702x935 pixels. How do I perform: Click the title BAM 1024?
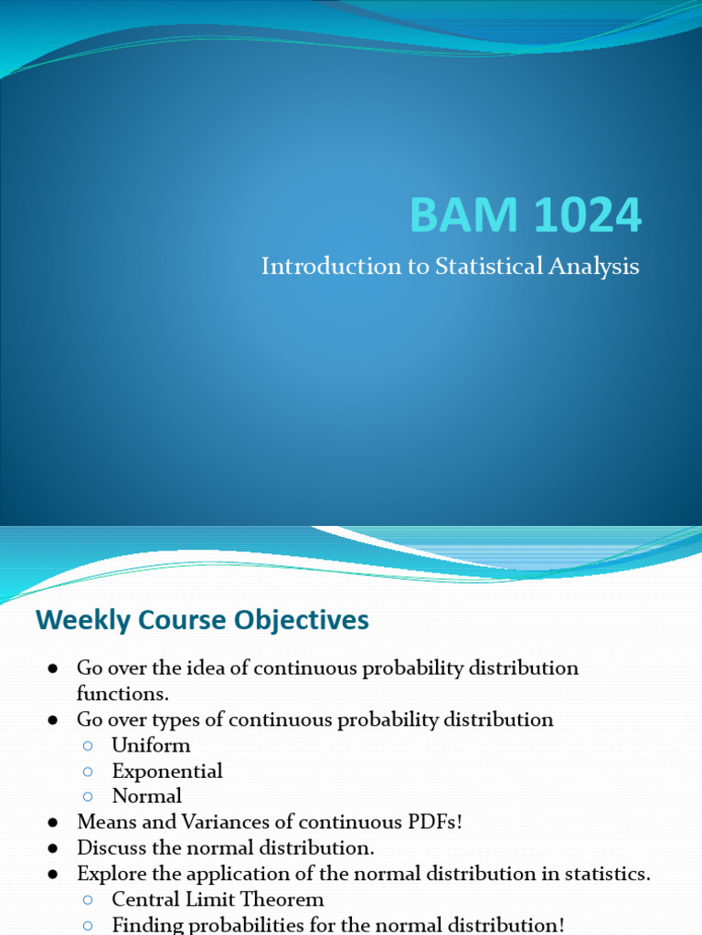pyautogui.click(x=526, y=216)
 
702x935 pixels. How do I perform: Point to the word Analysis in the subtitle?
pyautogui.click(x=595, y=268)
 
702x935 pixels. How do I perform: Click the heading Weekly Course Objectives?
pyautogui.click(x=202, y=621)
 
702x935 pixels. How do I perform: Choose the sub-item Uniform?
pyautogui.click(x=151, y=745)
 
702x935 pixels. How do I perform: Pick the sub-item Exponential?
pyautogui.click(x=167, y=772)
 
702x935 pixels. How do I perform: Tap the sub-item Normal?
pyautogui.click(x=147, y=796)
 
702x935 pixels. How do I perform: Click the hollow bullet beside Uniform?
pyautogui.click(x=89, y=746)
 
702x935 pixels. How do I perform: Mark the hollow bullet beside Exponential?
pyautogui.click(x=89, y=772)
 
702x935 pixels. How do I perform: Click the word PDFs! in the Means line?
pyautogui.click(x=434, y=822)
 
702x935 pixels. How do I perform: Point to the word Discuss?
pyautogui.click(x=111, y=848)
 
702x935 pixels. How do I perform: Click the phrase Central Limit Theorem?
pyautogui.click(x=218, y=899)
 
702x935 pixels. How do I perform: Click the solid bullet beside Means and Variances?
pyautogui.click(x=54, y=823)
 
